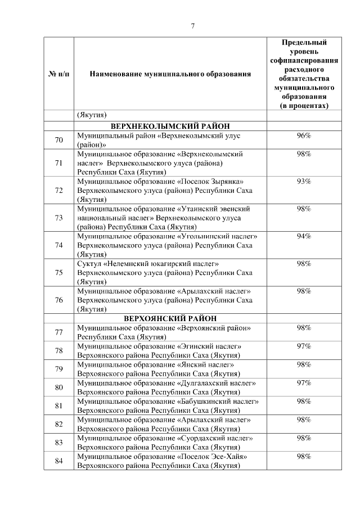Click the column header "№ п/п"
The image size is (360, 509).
(x=58, y=74)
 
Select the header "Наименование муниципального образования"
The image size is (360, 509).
(x=170, y=74)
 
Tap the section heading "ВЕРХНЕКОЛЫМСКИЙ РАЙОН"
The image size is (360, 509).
(x=172, y=127)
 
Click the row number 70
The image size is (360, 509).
(x=58, y=140)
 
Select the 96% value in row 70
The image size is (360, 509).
(x=304, y=136)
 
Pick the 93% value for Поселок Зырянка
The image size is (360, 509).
(x=304, y=181)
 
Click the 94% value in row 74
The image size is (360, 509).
(x=304, y=236)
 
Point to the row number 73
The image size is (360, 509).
(x=58, y=218)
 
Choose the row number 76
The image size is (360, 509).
(x=58, y=300)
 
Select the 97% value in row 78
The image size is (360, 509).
(x=304, y=346)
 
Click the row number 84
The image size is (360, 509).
(x=58, y=461)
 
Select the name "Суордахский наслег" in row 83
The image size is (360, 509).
(x=215, y=438)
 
